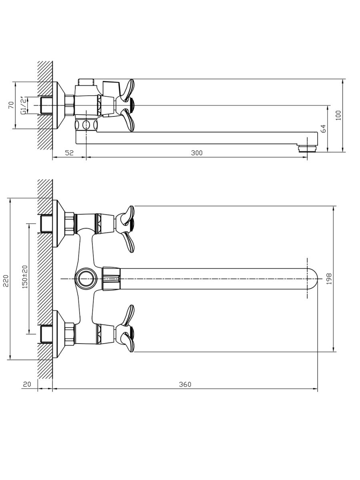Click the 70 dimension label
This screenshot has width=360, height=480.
tap(11, 105)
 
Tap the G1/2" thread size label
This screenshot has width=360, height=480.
tap(23, 106)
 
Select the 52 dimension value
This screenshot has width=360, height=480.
tap(69, 153)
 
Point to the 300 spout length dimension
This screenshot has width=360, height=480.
tap(197, 153)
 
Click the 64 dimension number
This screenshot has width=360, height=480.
tap(324, 128)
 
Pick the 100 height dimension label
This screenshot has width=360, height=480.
tap(338, 116)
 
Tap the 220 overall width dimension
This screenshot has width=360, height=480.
tap(6, 281)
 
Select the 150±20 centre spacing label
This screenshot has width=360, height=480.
tap(25, 277)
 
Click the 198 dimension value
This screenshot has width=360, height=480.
tap(329, 279)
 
